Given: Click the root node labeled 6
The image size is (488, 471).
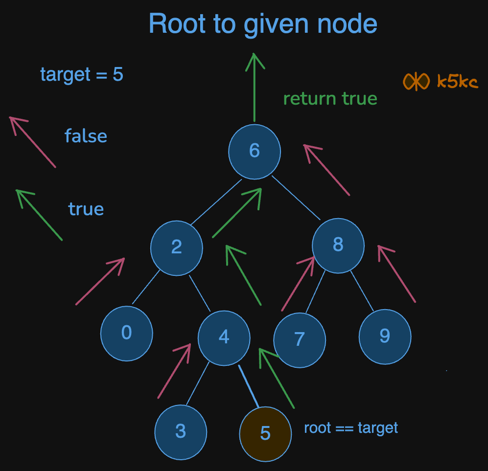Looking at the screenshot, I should click(254, 151).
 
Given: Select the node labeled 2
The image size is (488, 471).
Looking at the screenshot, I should click(176, 247).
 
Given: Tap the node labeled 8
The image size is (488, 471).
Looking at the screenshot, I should click(338, 245).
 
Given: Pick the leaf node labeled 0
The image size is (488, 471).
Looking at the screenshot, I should click(127, 334).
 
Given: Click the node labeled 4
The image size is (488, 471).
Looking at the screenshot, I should click(224, 336).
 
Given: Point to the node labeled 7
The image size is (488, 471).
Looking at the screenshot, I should click(299, 339).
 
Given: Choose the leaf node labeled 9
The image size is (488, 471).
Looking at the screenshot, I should click(385, 336).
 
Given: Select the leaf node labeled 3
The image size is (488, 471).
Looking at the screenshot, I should click(181, 432).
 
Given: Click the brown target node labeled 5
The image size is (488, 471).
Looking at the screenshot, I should click(265, 433).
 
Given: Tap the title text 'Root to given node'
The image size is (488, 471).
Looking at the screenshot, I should click(263, 24).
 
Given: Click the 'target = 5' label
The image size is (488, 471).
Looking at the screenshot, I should click(82, 75).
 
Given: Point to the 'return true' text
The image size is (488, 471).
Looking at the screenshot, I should click(330, 99).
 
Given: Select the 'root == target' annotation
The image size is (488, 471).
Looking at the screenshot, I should click(351, 428).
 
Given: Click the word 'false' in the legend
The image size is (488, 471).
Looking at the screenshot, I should click(86, 136).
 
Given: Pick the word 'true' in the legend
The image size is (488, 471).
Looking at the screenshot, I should click(86, 209).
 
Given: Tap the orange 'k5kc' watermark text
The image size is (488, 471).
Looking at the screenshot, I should click(457, 82).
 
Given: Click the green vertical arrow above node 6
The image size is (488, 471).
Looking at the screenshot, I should click(254, 88).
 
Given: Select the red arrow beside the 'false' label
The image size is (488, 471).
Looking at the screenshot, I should click(33, 142).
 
